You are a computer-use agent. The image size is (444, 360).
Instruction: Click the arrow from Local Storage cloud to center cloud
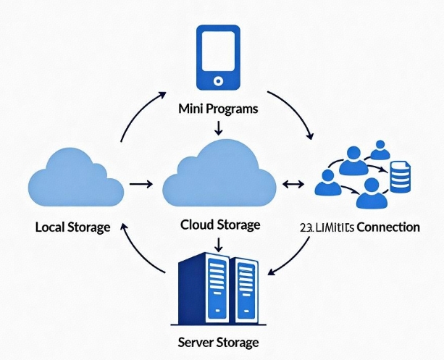pyautogui.click(x=140, y=185)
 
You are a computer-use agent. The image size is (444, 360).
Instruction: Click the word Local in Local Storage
pyautogui.click(x=51, y=227)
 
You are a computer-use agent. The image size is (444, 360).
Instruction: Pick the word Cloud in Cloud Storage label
pyautogui.click(x=196, y=225)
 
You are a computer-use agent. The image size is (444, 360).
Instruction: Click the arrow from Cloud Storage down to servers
pyautogui.click(x=218, y=243)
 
